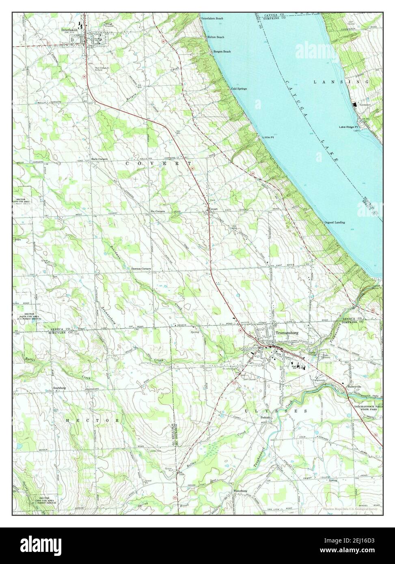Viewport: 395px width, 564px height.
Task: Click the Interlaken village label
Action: tap(69, 30)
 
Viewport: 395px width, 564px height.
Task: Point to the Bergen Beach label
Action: tap(222, 52)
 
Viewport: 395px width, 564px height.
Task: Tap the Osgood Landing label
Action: tap(334, 223)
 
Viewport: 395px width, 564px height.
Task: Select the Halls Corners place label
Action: tap(99, 159)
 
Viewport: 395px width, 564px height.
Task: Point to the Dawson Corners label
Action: tap(141, 269)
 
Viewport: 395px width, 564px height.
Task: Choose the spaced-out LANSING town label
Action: tap(341, 82)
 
